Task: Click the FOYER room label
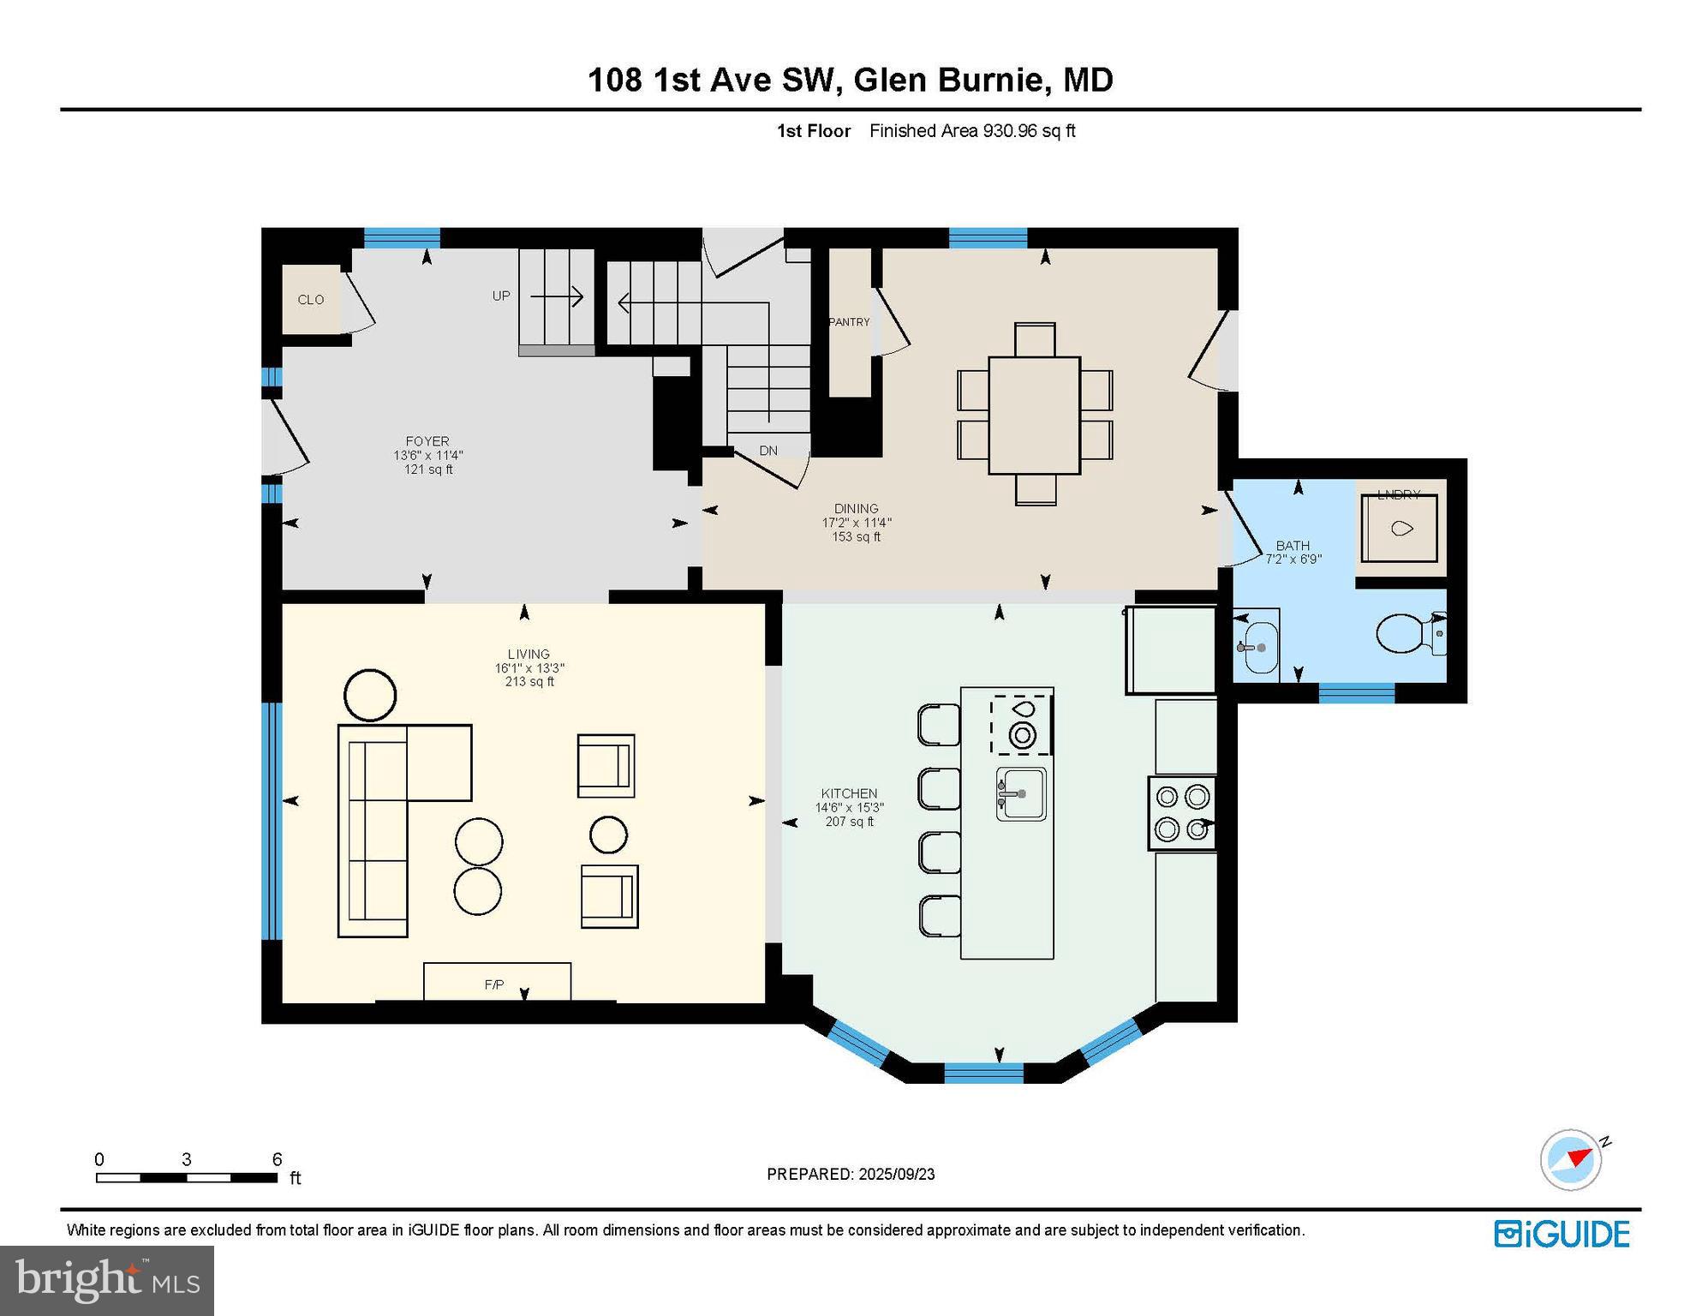point(427,442)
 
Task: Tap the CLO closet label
point(311,300)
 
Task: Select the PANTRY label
point(849,322)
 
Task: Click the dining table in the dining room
point(1034,416)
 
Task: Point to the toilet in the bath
point(1405,634)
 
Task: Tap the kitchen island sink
point(1021,794)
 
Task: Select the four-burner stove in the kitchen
point(1182,813)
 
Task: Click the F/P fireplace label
point(494,985)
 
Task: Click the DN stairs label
point(768,451)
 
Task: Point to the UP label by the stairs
point(501,296)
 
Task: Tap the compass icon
point(1571,1159)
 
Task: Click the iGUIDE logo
point(1562,1234)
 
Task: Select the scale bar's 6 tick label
point(277,1159)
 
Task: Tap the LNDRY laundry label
point(1399,494)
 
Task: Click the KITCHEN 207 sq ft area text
point(849,822)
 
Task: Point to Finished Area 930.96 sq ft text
point(972,131)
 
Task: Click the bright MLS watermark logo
point(107,1280)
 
